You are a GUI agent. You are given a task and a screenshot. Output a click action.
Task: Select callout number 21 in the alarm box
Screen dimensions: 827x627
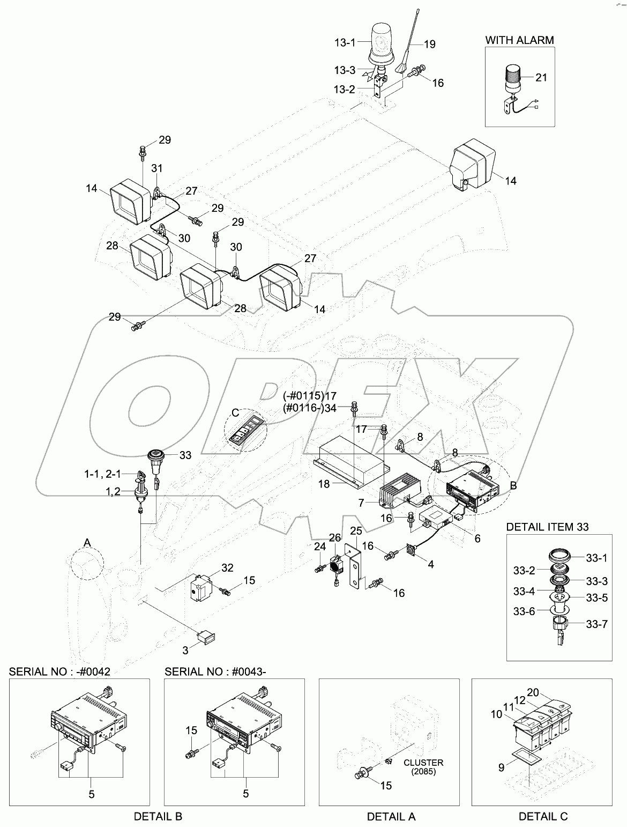pyautogui.click(x=541, y=77)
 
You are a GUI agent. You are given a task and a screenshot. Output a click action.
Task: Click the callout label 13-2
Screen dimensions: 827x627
pyautogui.click(x=360, y=90)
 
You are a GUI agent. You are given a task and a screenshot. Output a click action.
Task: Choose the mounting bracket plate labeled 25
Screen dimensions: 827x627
pyautogui.click(x=354, y=571)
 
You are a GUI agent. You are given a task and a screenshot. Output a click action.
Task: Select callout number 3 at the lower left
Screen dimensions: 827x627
pyautogui.click(x=186, y=651)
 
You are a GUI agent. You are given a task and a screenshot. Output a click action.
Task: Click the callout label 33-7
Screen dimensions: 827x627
pyautogui.click(x=596, y=624)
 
